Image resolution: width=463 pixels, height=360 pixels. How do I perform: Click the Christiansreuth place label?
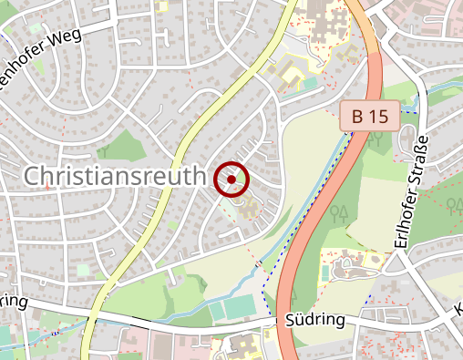[x=110, y=177]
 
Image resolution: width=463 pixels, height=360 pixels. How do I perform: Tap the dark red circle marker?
[x=231, y=180]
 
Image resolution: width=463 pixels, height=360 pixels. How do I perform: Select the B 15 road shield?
[x=371, y=116]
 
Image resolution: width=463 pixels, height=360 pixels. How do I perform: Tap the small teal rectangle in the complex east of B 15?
[x=325, y=273]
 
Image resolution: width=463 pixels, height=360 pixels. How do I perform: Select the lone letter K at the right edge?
[x=458, y=309]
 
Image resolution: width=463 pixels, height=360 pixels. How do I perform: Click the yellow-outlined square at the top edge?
[x=163, y=5]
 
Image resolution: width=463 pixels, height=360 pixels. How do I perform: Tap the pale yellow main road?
[x=182, y=154]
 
